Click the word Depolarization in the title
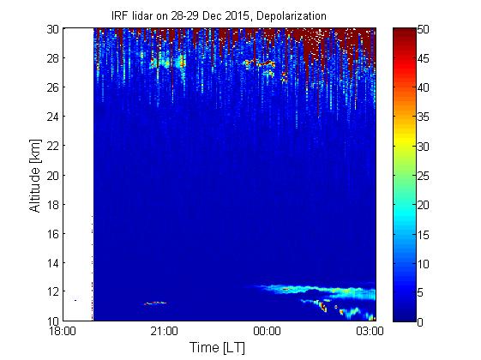point(292,16)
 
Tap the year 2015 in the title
point(237,15)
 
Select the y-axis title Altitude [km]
point(35,176)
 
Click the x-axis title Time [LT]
point(217,348)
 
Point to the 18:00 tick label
point(63,331)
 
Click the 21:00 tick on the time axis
point(164,331)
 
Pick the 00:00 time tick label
point(267,331)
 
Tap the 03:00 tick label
point(370,331)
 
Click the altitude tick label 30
point(53,29)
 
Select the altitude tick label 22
point(53,146)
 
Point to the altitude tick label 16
point(53,234)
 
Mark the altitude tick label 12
point(53,291)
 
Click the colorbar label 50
point(423,30)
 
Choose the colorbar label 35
point(423,117)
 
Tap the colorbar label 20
point(423,205)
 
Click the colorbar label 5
point(420,292)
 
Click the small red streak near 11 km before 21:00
point(155,303)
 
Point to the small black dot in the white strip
point(75,300)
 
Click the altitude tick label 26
point(53,87)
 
